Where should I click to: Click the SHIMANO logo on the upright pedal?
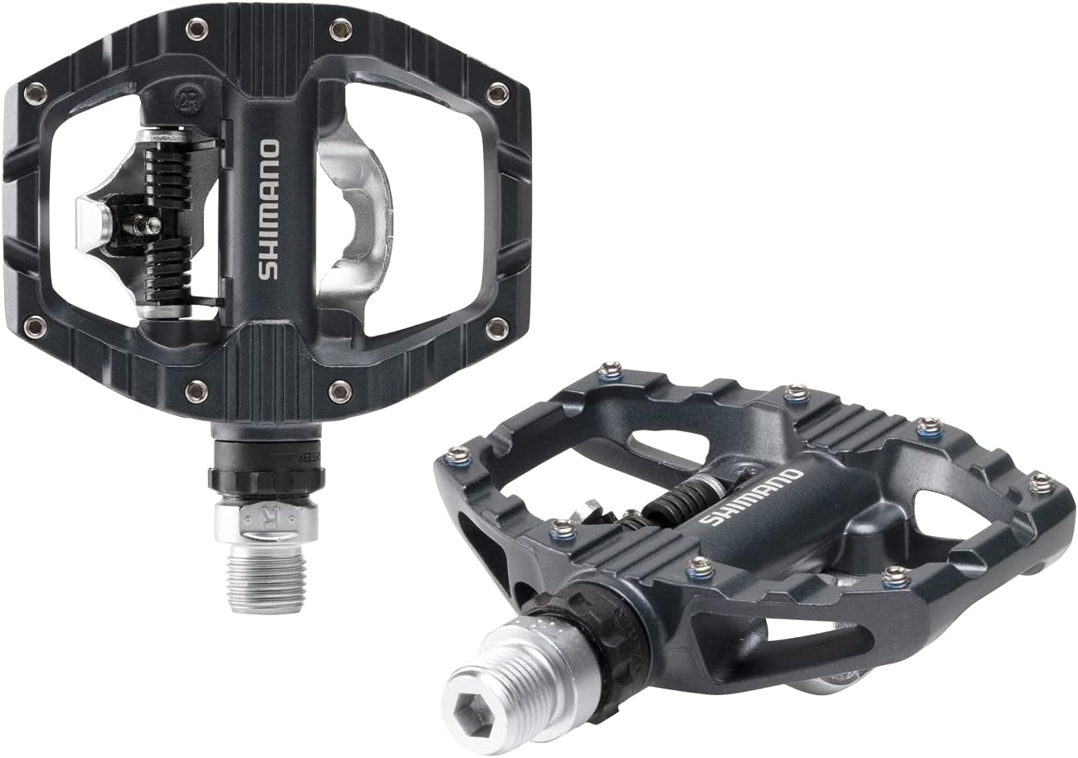[x=269, y=210]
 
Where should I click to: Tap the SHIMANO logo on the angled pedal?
[x=750, y=495]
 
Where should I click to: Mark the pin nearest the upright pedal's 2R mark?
[x=195, y=31]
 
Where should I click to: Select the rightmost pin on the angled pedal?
[x=1042, y=482]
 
